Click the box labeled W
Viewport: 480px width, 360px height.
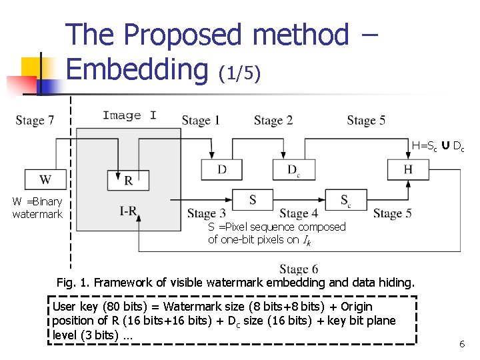[45, 179]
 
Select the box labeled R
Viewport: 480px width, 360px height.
[128, 180]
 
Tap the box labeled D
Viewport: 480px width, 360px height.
[222, 169]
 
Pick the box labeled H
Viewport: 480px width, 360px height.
[407, 169]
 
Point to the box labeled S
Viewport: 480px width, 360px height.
[253, 199]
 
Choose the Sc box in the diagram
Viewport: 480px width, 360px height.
[345, 199]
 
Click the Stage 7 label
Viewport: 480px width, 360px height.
[35, 120]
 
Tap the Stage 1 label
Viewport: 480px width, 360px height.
[201, 120]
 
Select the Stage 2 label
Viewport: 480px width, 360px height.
[273, 120]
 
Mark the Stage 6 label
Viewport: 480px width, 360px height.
[299, 269]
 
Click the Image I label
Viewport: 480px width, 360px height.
[129, 115]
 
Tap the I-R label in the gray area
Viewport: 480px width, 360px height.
[128, 211]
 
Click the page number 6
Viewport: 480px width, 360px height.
[462, 344]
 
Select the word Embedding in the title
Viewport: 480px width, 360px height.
[137, 69]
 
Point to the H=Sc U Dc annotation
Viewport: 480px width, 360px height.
[438, 146]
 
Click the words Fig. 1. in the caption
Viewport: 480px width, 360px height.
[74, 283]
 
